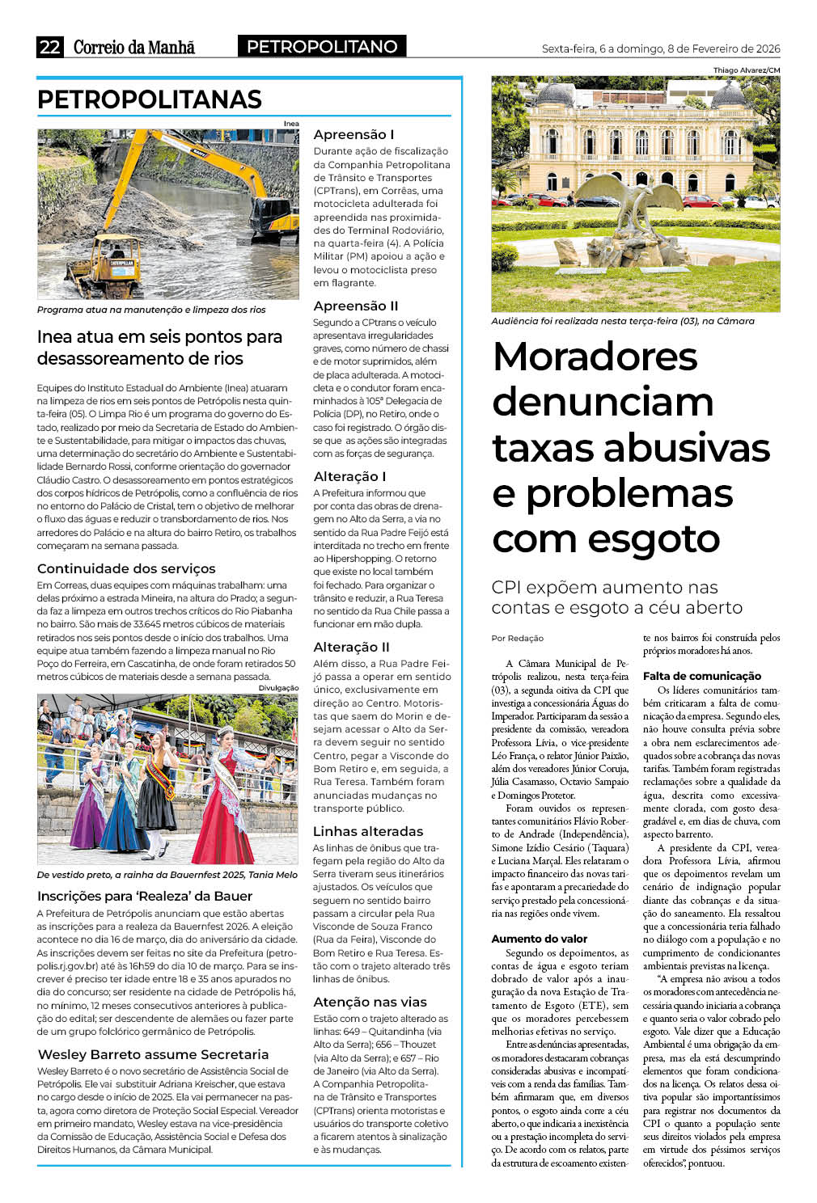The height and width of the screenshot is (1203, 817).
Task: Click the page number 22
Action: (49, 47)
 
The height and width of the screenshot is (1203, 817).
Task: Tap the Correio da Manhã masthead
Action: (134, 47)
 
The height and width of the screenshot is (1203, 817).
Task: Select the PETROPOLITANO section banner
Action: (322, 47)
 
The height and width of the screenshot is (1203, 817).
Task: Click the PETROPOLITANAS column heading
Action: (150, 99)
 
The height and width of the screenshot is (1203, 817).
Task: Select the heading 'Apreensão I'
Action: (353, 134)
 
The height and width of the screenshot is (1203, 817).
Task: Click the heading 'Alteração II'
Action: (351, 647)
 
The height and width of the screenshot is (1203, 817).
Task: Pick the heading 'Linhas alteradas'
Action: (368, 831)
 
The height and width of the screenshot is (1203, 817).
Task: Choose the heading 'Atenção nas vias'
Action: (370, 1002)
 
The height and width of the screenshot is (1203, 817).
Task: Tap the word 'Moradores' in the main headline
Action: (595, 357)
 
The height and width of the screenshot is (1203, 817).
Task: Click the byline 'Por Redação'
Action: (518, 638)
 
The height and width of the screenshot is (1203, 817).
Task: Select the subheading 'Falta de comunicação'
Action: (701, 675)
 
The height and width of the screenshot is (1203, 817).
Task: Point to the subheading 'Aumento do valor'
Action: (540, 939)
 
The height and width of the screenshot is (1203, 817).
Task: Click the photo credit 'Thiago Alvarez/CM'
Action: (747, 70)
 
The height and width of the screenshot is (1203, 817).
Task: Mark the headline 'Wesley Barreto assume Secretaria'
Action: (153, 1054)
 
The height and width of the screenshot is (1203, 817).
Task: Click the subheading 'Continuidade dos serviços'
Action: (126, 568)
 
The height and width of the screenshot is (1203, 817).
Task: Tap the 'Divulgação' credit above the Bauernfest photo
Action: (278, 687)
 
